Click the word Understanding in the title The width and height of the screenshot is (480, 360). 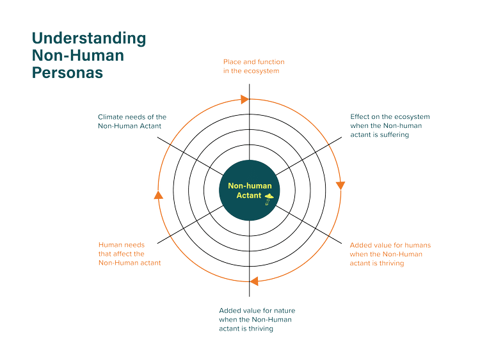89,39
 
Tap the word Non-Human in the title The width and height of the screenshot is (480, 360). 78,56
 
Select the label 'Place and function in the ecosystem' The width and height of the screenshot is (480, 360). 254,66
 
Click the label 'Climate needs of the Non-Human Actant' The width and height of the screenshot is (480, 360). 132,121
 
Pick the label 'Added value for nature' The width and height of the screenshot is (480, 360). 257,319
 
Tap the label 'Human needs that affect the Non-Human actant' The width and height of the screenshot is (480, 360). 129,254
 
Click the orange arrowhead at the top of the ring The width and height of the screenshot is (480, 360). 244,99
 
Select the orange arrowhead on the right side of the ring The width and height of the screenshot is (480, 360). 340,185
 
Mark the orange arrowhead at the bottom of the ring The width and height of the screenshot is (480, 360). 255,280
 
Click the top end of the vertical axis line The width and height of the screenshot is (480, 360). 250,80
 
